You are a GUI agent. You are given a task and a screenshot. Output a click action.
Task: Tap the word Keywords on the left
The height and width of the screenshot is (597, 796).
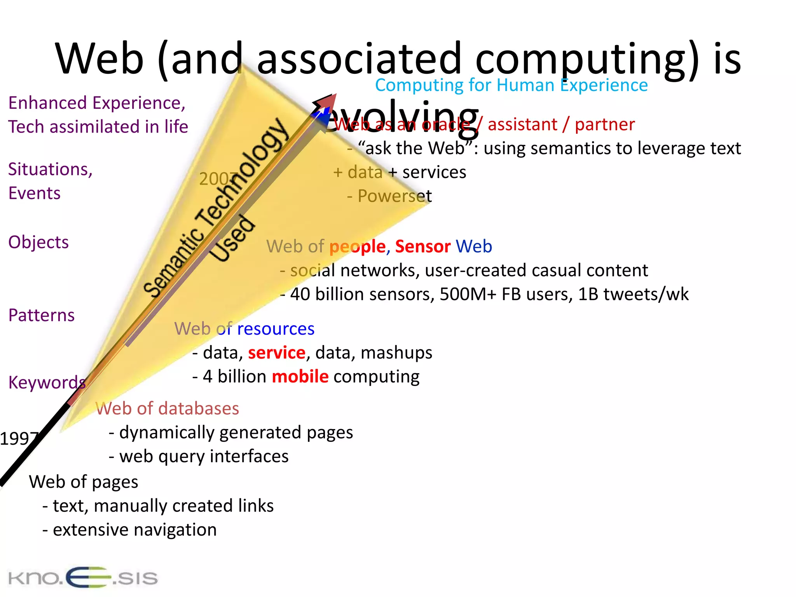[x=47, y=383]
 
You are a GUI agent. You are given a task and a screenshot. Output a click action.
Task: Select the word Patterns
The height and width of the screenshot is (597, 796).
[x=41, y=315]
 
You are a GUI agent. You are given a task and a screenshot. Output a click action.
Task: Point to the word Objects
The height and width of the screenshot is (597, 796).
[x=38, y=242]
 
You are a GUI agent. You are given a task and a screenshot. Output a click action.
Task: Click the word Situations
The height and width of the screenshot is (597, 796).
[x=50, y=169]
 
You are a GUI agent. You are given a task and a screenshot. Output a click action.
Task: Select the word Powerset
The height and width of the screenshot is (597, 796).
[x=394, y=196]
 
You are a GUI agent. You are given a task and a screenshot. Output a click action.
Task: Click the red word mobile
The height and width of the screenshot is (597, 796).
[x=300, y=377]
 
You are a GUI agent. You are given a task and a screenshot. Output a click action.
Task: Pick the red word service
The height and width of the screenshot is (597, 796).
[x=276, y=353]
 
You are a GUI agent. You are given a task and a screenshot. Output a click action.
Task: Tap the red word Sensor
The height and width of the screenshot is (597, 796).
[x=422, y=246]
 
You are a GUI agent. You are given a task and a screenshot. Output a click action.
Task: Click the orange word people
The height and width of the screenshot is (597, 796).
[x=357, y=247]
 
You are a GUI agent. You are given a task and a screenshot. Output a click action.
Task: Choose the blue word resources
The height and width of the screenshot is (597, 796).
[x=276, y=329]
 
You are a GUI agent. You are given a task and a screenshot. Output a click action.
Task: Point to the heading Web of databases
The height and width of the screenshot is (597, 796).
[x=167, y=408]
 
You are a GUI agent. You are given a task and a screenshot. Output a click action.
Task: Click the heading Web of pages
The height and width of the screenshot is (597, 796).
[x=84, y=482]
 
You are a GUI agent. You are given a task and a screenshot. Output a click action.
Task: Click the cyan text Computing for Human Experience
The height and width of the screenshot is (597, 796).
[x=511, y=85]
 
